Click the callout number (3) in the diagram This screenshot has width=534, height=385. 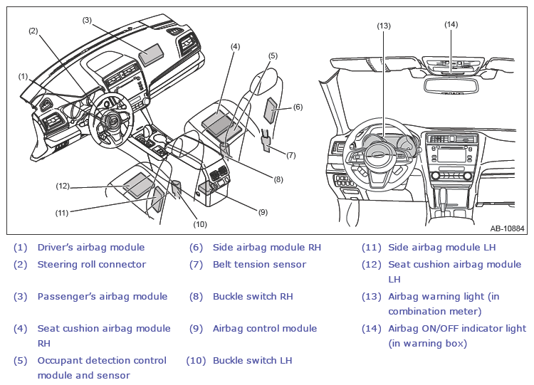(x=87, y=20)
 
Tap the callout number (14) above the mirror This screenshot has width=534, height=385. (x=451, y=24)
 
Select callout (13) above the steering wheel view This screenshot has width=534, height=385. (x=384, y=26)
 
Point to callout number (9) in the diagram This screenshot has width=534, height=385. (x=263, y=212)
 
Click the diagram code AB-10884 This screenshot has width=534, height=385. (x=507, y=228)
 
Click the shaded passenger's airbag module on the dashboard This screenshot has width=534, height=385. (x=152, y=55)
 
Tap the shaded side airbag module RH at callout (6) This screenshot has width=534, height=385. (x=272, y=110)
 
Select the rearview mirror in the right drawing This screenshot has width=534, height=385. (x=451, y=85)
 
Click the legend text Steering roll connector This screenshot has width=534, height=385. (x=92, y=265)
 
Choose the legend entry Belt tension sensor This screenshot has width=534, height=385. (x=259, y=265)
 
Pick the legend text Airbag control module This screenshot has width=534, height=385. (x=265, y=329)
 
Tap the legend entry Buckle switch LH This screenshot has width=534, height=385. (x=252, y=361)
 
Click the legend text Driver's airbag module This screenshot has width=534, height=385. (x=91, y=248)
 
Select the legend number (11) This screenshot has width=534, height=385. (x=372, y=248)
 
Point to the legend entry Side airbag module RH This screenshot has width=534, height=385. (x=267, y=248)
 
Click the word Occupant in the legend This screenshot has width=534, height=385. (x=57, y=361)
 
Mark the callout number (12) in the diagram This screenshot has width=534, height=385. (x=63, y=186)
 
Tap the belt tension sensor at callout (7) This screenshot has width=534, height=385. (x=266, y=141)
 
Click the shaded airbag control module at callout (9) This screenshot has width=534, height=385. (x=206, y=188)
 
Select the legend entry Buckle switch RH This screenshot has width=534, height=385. (x=253, y=297)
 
